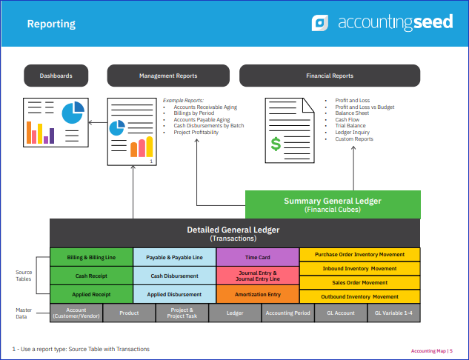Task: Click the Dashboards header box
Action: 56,76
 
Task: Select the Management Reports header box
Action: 168,76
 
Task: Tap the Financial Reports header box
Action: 330,76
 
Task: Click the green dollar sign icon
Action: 276,144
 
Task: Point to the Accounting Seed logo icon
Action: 320,23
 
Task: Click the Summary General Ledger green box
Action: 333,204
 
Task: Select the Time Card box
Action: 258,257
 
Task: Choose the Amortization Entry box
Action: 258,294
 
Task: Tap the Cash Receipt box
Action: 91,276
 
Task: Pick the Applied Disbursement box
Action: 174,294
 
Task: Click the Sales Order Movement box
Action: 360,282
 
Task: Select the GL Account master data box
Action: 341,313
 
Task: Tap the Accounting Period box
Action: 287,313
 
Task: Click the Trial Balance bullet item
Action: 350,126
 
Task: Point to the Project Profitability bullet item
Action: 196,132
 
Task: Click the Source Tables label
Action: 24,276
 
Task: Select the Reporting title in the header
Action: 51,24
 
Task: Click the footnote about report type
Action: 81,349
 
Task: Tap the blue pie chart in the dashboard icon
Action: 73,113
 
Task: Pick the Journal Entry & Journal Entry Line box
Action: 258,276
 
